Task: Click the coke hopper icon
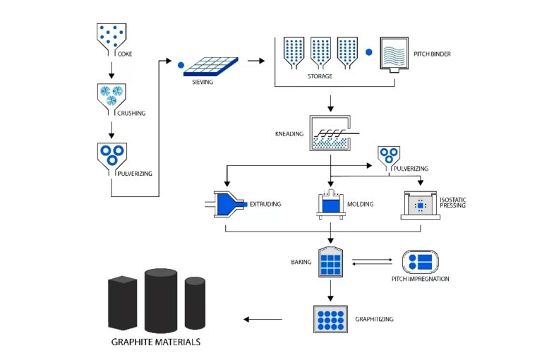click(111, 36)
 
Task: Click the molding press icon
click(330, 205)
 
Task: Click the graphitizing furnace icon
click(330, 319)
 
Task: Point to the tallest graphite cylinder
click(162, 299)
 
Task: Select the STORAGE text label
click(320, 76)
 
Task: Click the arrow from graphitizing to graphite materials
click(263, 319)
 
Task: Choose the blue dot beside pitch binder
click(368, 52)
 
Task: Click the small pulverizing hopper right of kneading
click(387, 155)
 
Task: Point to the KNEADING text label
click(289, 133)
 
